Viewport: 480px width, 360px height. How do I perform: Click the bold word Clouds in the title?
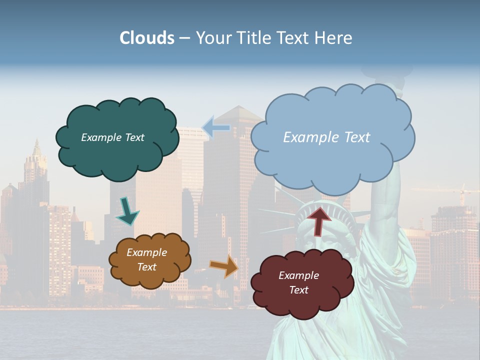[x=147, y=38]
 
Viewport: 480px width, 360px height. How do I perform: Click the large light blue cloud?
[x=332, y=160]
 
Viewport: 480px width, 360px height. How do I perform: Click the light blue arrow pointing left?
[x=216, y=128]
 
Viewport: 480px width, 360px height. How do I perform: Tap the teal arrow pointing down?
[x=127, y=211]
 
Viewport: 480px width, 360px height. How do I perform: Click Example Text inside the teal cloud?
[x=112, y=137]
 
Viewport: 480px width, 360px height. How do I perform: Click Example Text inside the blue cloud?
[x=326, y=137]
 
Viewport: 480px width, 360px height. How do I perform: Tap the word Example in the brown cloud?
[x=146, y=252]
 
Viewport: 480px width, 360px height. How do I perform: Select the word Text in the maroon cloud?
[x=298, y=290]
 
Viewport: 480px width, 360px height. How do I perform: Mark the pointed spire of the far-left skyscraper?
[x=36, y=147]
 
